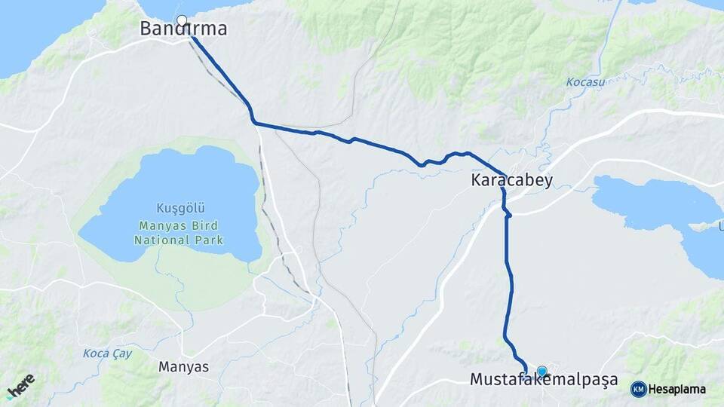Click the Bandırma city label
tap(183, 29)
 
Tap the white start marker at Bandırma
tap(181, 20)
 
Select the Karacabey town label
tap(511, 180)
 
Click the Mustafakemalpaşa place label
tap(543, 379)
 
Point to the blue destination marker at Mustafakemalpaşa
tap(541, 371)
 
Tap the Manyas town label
tap(183, 367)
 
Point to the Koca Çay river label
tap(105, 353)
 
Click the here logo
tap(20, 385)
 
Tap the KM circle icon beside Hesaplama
tap(638, 389)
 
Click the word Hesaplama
tap(676, 390)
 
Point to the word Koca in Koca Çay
tap(95, 353)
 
